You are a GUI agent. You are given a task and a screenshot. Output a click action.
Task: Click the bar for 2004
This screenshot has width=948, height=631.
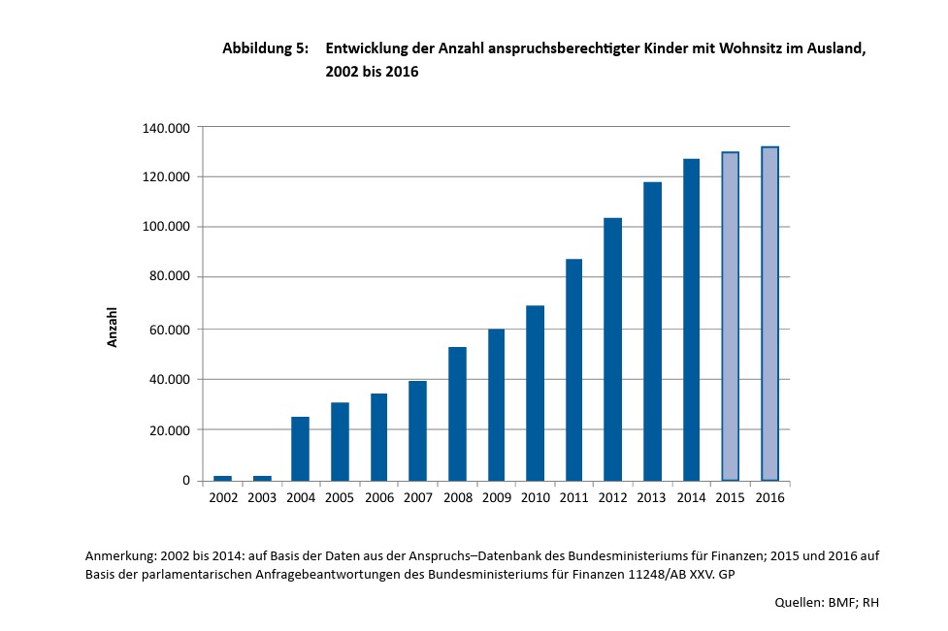[301, 448]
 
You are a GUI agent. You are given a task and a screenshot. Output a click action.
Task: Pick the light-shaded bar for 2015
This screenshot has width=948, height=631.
[731, 316]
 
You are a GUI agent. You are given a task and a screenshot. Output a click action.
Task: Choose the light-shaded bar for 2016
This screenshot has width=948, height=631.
[769, 314]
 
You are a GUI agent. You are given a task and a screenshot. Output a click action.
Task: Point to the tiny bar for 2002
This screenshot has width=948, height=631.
[222, 478]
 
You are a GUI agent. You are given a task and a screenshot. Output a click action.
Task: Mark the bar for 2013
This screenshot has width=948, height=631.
[652, 331]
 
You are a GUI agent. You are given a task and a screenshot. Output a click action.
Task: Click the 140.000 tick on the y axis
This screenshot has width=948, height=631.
[167, 128]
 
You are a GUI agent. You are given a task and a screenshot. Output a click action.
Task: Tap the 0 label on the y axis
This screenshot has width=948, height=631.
[186, 481]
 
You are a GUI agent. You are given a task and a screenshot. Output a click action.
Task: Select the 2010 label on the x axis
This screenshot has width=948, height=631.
[535, 497]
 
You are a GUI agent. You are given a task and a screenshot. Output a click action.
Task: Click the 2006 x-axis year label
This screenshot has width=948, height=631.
[378, 497]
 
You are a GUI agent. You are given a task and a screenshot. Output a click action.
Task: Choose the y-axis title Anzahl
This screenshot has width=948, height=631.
[113, 329]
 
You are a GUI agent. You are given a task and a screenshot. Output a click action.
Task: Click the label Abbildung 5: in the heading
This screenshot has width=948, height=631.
[265, 48]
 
